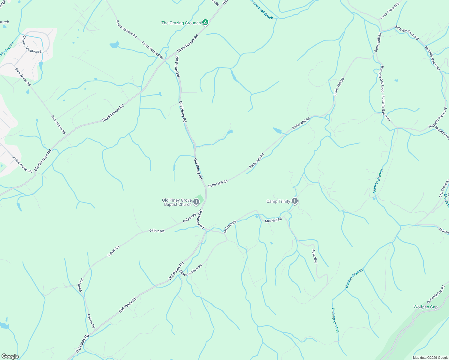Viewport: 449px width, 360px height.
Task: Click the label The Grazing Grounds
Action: [x=181, y=23]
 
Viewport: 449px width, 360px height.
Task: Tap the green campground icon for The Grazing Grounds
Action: [x=205, y=22]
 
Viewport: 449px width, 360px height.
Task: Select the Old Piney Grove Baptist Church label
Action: [x=177, y=202]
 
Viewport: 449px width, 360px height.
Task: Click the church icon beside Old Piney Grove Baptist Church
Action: [x=196, y=202]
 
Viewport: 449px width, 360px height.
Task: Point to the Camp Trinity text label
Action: [x=278, y=201]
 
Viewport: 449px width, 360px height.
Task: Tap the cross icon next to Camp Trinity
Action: [x=295, y=201]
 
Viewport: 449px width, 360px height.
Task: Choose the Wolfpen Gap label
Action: [x=425, y=307]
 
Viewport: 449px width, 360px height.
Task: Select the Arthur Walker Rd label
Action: [x=22, y=164]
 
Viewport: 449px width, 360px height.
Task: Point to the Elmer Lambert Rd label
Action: [x=191, y=270]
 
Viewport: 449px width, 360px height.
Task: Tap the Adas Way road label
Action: [x=315, y=256]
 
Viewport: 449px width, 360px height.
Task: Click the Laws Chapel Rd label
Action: [x=390, y=11]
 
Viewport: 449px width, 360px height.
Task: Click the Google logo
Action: [x=10, y=356]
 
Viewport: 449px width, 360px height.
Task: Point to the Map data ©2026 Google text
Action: [x=430, y=358]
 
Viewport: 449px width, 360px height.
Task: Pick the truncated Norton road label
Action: [x=444, y=231]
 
